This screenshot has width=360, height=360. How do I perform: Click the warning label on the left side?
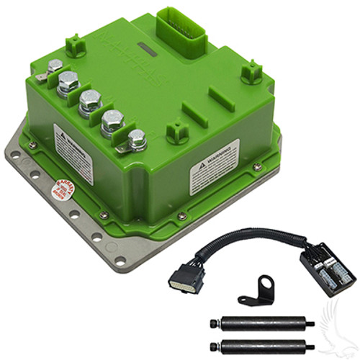point(73,150)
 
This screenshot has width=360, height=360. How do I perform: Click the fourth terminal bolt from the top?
point(112,122)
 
